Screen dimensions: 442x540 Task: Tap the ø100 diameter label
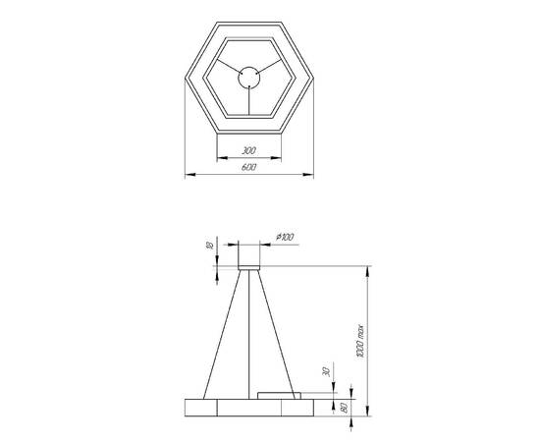(287, 236)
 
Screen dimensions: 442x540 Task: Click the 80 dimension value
(345, 405)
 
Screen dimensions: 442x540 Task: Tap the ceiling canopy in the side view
(248, 255)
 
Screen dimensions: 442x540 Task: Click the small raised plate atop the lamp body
(277, 395)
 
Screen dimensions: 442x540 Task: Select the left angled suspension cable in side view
(218, 334)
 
